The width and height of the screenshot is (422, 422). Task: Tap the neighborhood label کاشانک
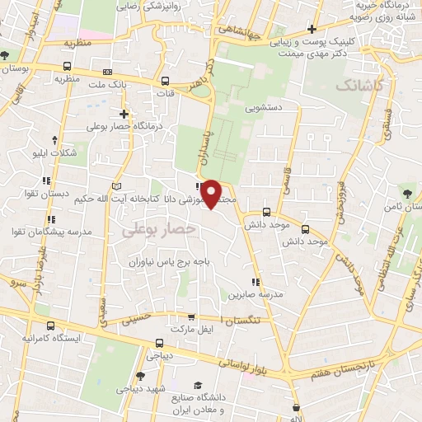pos(359,86)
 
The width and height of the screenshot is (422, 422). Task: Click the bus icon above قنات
pos(166,81)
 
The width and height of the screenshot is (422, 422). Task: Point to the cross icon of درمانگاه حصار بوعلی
pos(124,114)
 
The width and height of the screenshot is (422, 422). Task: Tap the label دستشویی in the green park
pos(263,107)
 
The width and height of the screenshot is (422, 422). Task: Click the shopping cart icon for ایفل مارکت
pos(191,316)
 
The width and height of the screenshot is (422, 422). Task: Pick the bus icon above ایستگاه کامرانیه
pos(51,326)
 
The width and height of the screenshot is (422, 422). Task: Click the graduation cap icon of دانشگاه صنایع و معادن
pos(198,386)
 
